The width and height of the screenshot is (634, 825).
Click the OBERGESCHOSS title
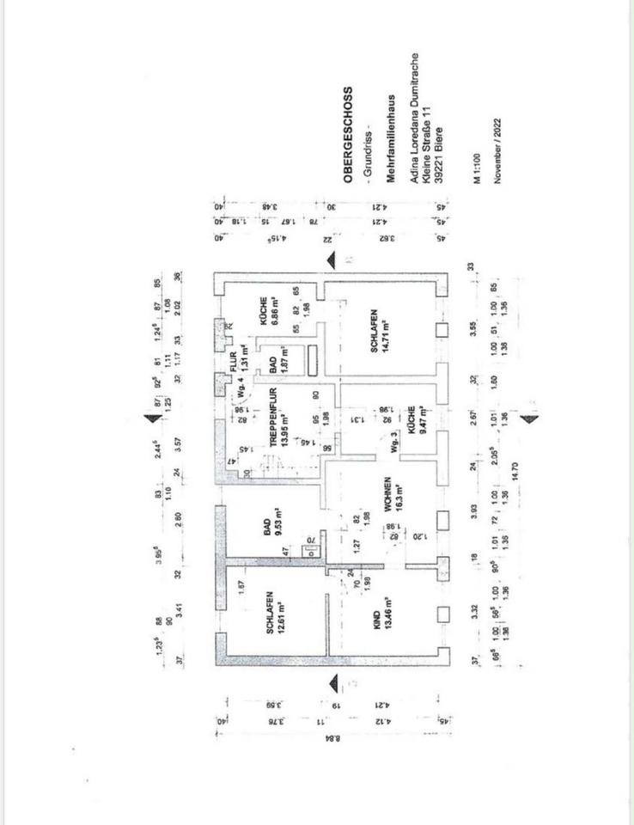(x=348, y=135)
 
